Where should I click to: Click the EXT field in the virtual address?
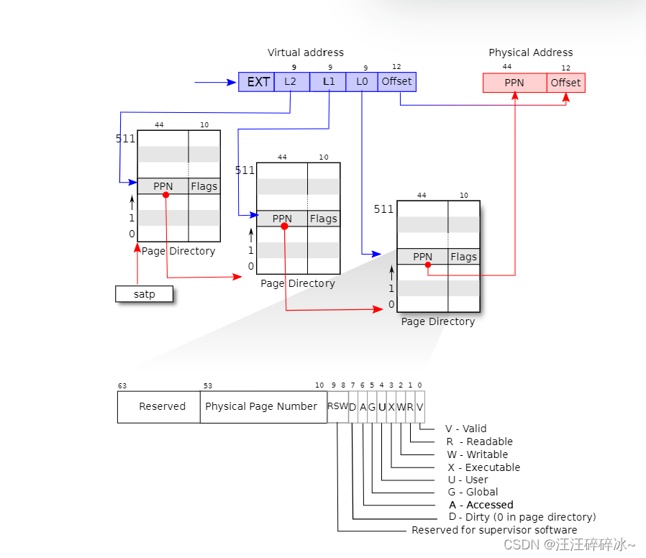(x=257, y=82)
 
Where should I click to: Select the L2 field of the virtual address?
(x=291, y=82)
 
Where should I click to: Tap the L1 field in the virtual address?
(x=328, y=82)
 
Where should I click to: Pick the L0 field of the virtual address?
(x=362, y=82)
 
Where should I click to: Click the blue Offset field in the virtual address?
(x=397, y=82)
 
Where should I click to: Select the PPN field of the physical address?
(x=514, y=83)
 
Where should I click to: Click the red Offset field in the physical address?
(x=565, y=83)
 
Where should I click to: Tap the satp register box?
(x=145, y=294)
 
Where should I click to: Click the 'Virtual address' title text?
(x=306, y=52)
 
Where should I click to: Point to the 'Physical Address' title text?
(x=531, y=52)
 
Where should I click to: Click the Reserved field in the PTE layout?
(x=162, y=406)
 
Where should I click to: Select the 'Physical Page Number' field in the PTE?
(x=261, y=406)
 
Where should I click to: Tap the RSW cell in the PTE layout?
(x=337, y=406)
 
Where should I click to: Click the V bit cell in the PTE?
(x=420, y=406)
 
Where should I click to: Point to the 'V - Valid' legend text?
(x=465, y=429)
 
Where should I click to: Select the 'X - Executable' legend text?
(x=483, y=467)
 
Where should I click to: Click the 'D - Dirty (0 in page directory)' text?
(x=522, y=517)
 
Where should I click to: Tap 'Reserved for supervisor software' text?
(x=494, y=530)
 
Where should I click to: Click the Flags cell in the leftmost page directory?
(x=204, y=186)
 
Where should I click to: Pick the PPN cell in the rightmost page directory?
(x=422, y=257)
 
